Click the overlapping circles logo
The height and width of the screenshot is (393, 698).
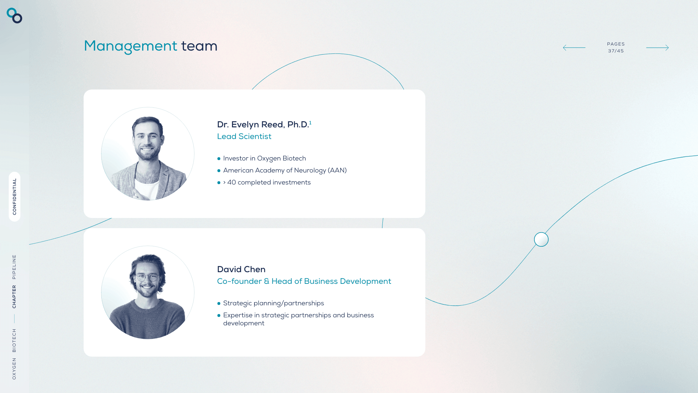[x=15, y=16]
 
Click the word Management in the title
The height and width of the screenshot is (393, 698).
[x=131, y=47]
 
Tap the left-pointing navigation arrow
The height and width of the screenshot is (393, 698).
[x=574, y=48]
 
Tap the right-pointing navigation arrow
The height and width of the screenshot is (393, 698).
[x=657, y=48]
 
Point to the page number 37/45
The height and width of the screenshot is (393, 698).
[x=616, y=51]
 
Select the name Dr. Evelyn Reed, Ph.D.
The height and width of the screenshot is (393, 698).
[x=263, y=124]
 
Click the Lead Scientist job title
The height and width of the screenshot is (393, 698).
[x=244, y=136]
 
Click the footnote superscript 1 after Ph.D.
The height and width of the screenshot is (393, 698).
[x=310, y=123]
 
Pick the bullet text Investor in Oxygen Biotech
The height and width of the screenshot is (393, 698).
[x=265, y=158]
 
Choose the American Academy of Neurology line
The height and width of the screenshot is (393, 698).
[x=285, y=170]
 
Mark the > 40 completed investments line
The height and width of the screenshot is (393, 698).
[x=267, y=182]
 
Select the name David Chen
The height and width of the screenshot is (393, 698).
[x=241, y=269]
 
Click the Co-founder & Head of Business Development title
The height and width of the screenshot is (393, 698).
[x=304, y=281]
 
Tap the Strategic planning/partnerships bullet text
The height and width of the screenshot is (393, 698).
[x=273, y=303]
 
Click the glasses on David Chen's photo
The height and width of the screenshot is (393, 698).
[x=147, y=278]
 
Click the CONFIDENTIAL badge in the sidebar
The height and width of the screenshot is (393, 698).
[x=15, y=196]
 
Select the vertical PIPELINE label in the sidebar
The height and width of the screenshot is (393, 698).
[x=14, y=267]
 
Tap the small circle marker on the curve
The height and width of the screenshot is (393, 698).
[x=541, y=239]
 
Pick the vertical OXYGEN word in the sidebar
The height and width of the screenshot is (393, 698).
[x=14, y=369]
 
